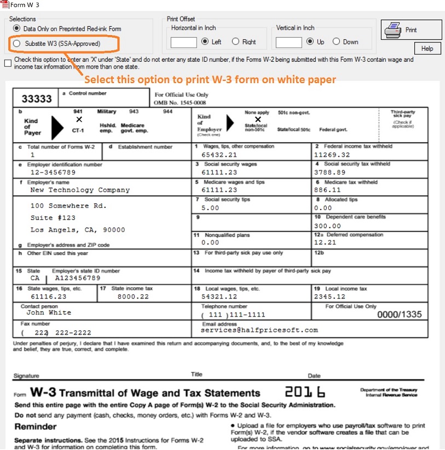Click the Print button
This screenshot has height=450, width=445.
pyautogui.click(x=411, y=30)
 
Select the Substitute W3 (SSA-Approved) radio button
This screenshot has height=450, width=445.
pyautogui.click(x=16, y=43)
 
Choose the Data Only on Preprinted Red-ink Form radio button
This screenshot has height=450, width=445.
pyautogui.click(x=16, y=28)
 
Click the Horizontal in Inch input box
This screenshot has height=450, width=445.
pyautogui.click(x=183, y=42)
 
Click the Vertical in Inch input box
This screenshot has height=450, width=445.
pyautogui.click(x=288, y=42)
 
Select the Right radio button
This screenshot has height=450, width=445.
pyautogui.click(x=235, y=42)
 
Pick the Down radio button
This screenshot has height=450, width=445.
pyautogui.click(x=336, y=42)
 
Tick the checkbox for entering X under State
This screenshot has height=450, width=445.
pyautogui.click(x=8, y=63)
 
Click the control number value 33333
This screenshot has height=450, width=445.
pyautogui.click(x=37, y=99)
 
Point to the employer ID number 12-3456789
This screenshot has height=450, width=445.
pyautogui.click(x=53, y=172)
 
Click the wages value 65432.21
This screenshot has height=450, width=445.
pyautogui.click(x=219, y=155)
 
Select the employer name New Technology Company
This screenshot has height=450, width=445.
pyautogui.click(x=80, y=190)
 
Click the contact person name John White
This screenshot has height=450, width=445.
pyautogui.click(x=49, y=313)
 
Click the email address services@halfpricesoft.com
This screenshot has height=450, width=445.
pyautogui.click(x=259, y=330)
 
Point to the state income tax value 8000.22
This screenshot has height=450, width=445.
pyautogui.click(x=133, y=296)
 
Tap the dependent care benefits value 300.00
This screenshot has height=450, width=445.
pyautogui.click(x=327, y=226)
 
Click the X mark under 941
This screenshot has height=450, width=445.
pyautogui.click(x=79, y=119)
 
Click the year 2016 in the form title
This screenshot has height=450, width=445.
pyautogui.click(x=305, y=392)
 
